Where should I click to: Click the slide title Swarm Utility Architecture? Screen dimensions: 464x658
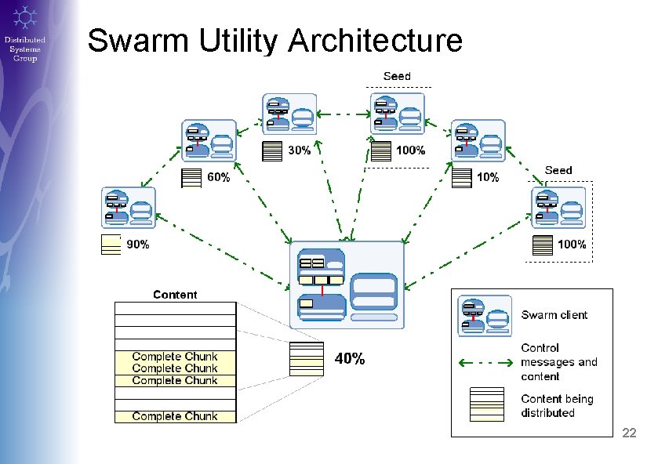point(274,41)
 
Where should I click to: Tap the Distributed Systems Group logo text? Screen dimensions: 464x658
point(24,49)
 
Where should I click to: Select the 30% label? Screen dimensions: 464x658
point(299,150)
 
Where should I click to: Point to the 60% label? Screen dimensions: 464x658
point(218,178)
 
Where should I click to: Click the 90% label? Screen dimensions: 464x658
point(138,245)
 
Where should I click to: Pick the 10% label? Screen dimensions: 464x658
point(487,178)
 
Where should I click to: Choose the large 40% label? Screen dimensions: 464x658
point(350,359)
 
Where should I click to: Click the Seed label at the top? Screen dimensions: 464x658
point(397,76)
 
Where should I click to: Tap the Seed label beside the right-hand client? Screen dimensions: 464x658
point(558,170)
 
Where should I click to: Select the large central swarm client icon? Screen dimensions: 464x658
point(347,285)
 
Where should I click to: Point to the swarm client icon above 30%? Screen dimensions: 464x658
point(289,114)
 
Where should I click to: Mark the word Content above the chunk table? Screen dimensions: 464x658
point(175,295)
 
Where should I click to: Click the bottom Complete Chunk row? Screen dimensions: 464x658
point(175,416)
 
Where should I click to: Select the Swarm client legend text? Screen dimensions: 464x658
point(554,315)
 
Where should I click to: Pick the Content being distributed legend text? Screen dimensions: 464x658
point(557,406)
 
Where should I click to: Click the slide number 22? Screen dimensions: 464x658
point(630,433)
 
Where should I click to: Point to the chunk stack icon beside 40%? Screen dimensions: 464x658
point(306,359)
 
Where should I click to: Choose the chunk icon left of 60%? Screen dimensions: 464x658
point(191,179)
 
